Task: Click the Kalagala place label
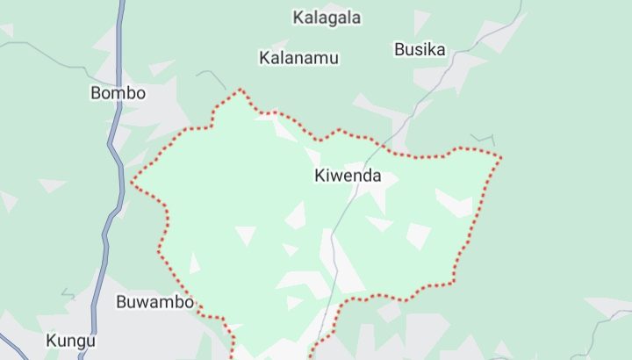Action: click(327, 18)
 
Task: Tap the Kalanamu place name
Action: click(298, 58)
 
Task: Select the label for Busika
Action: click(420, 49)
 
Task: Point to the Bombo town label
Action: click(118, 93)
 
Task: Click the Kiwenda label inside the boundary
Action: click(348, 176)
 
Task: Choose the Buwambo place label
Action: click(154, 302)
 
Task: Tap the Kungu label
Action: click(71, 340)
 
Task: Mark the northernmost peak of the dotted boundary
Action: click(239, 89)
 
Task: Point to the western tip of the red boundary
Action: click(132, 183)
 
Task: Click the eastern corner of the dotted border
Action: click(500, 158)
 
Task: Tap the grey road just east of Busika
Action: click(463, 66)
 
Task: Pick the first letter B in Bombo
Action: click(96, 93)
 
